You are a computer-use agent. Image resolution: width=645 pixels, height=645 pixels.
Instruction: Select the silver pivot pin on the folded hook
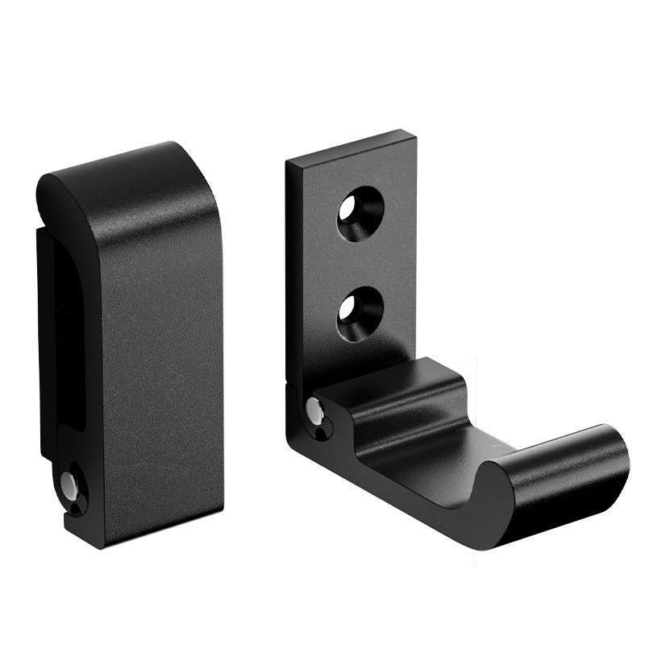click(x=69, y=485)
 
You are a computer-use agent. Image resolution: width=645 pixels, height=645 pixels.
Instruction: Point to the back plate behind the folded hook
click(x=48, y=339)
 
